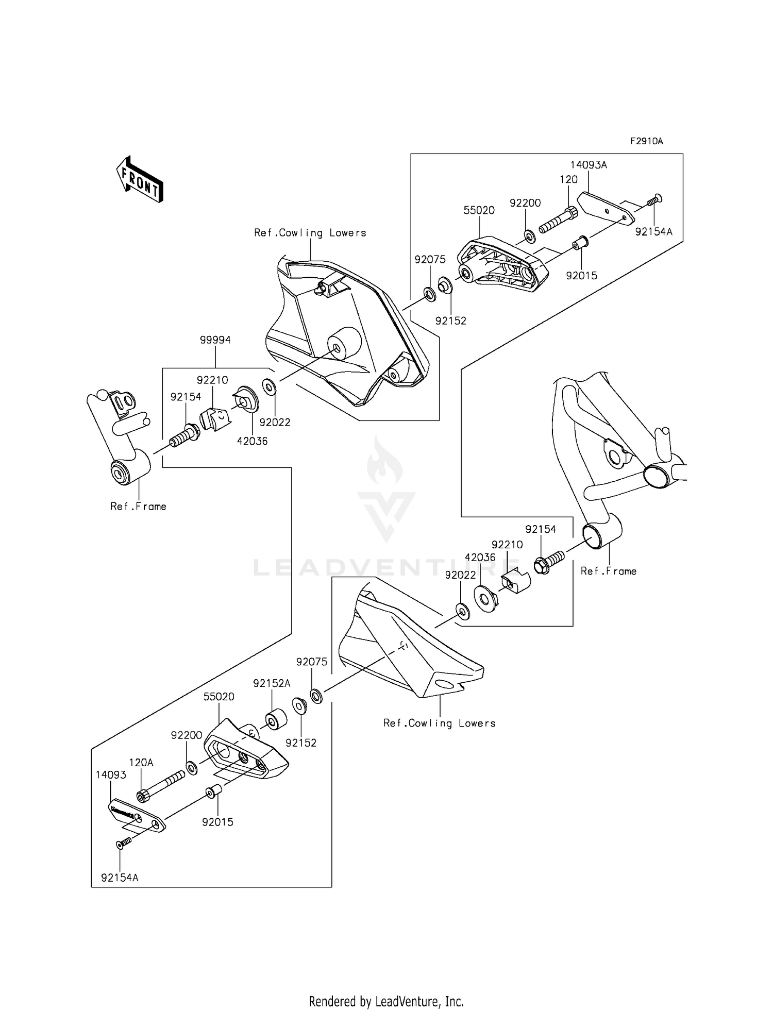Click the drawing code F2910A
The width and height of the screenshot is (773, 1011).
click(x=646, y=141)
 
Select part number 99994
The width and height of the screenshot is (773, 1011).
click(x=215, y=340)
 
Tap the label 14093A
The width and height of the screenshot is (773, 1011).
click(x=589, y=165)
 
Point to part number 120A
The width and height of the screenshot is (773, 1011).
click(x=141, y=762)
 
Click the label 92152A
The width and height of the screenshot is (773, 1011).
click(x=272, y=683)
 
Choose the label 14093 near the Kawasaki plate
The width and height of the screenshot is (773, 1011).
click(x=111, y=775)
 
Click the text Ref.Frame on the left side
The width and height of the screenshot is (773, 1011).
click(x=138, y=507)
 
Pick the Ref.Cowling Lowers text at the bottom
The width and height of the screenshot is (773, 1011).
click(x=439, y=723)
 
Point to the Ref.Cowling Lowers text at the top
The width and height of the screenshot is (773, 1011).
click(x=310, y=233)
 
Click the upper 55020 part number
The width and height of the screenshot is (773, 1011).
click(x=479, y=210)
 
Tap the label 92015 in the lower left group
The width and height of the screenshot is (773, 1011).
click(x=217, y=822)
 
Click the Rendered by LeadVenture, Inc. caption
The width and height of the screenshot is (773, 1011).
click(x=386, y=1001)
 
